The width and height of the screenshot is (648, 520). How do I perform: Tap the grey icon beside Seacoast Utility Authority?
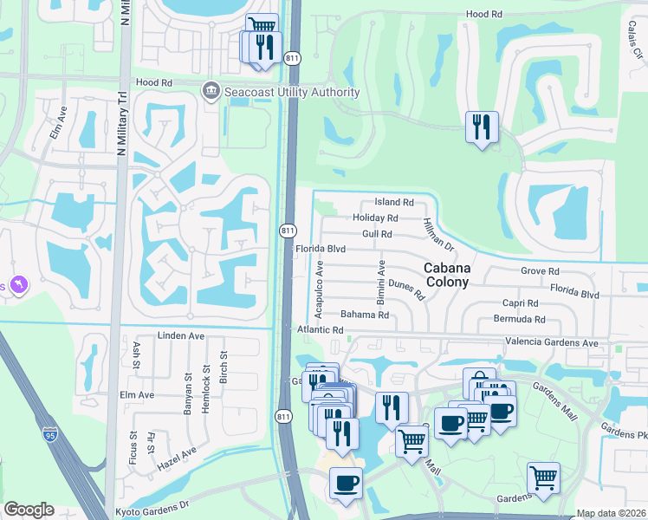210,90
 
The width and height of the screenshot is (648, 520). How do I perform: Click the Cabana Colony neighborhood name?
446,276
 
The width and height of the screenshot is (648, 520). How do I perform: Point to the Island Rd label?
394,202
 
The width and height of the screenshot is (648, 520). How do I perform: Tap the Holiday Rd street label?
376,218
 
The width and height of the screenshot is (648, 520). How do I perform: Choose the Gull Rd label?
377,234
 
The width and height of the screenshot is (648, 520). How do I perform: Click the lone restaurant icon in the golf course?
480,127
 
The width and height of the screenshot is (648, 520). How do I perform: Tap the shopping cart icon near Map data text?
543,477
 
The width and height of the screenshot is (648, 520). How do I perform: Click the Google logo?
29,510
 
